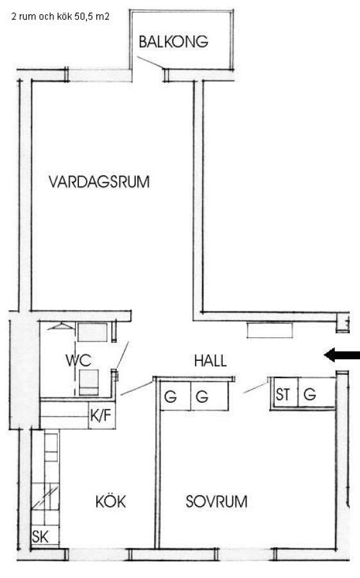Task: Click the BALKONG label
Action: pyautogui.click(x=173, y=42)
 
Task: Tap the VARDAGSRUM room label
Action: pyautogui.click(x=99, y=182)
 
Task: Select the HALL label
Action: pyautogui.click(x=210, y=360)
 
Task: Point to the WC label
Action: pyautogui.click(x=78, y=360)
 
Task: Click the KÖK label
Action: pyautogui.click(x=110, y=502)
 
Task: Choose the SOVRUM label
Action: pyautogui.click(x=216, y=502)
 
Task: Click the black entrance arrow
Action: pyautogui.click(x=341, y=355)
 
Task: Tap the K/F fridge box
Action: pyautogui.click(x=102, y=416)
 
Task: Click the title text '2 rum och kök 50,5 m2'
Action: pyautogui.click(x=60, y=17)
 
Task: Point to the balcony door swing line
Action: pyautogui.click(x=150, y=62)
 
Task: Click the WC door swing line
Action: pyautogui.click(x=123, y=355)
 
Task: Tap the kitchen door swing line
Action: pyautogui.click(x=137, y=389)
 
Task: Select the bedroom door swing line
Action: pyautogui.click(x=255, y=388)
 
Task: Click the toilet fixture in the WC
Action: pyautogui.click(x=89, y=382)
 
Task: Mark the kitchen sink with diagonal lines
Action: pyautogui.click(x=45, y=497)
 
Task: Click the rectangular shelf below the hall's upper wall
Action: pyautogui.click(x=270, y=330)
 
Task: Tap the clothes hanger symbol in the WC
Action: pyautogui.click(x=61, y=326)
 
